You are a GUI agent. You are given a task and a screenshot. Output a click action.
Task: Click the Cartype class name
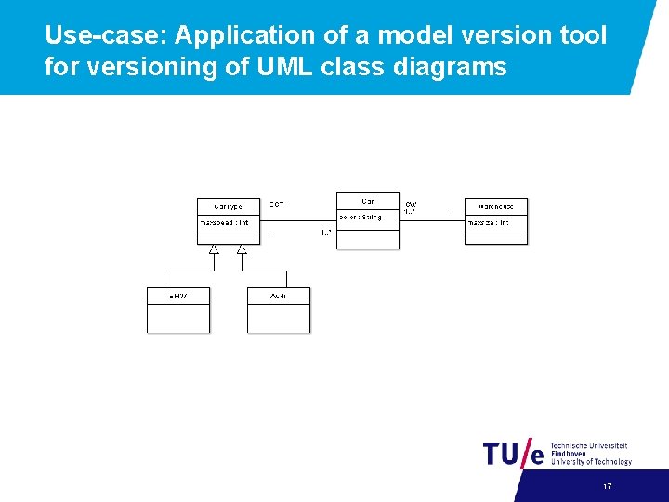(228, 206)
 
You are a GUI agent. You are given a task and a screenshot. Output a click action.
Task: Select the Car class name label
(368, 201)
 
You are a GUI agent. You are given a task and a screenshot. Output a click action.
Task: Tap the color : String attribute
(361, 218)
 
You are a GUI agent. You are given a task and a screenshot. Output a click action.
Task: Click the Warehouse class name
(496, 206)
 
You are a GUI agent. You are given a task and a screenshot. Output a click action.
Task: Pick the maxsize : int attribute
(489, 223)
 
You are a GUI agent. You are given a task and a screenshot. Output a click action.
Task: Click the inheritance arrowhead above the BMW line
(214, 249)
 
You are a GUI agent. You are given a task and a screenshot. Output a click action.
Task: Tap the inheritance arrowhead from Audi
(242, 249)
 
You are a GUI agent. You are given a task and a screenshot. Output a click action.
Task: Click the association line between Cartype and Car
(302, 220)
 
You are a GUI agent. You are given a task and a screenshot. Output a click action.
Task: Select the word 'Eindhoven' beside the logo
(569, 454)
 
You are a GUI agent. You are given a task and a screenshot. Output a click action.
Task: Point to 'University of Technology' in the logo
(591, 462)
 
